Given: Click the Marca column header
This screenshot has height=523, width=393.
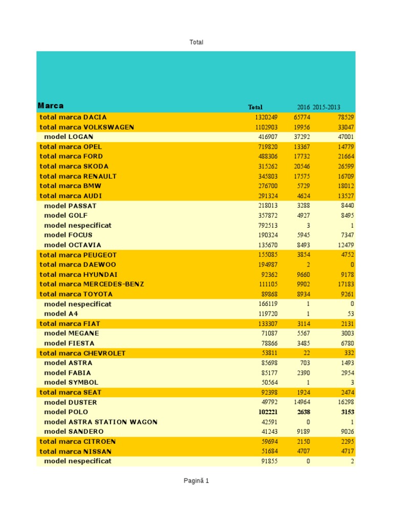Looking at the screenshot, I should point(51,106).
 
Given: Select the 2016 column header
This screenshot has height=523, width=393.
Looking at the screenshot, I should point(303,107).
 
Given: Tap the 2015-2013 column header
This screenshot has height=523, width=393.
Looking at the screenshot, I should point(326,107).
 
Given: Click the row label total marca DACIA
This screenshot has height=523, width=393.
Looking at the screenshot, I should point(73,117).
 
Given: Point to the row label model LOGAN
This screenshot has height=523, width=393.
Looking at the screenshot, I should point(69,137).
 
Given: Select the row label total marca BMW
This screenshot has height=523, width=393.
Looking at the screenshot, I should point(70,186).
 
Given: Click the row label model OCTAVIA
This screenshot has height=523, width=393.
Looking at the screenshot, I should point(73,245).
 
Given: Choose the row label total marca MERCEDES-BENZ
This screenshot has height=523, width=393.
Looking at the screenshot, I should point(92,284).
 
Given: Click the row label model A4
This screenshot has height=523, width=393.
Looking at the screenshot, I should point(61,314).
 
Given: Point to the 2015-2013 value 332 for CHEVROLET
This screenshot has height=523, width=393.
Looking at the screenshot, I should point(347,353).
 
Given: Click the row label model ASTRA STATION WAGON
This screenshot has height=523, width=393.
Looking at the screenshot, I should point(101,422).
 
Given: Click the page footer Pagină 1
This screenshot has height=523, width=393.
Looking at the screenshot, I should point(196,481).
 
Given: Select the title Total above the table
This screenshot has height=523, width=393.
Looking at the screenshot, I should point(196,42).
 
